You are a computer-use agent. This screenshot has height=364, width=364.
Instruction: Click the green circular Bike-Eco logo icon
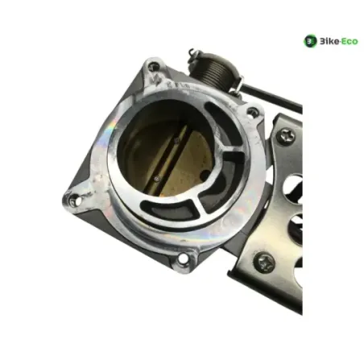[x=310, y=41]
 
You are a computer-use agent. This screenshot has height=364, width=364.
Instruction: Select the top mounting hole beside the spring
[x=154, y=66]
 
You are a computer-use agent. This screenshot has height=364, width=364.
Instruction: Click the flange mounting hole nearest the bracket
[x=252, y=112]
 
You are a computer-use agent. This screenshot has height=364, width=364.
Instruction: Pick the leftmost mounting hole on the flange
[x=74, y=200]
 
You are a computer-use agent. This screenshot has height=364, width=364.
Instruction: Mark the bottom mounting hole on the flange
[x=184, y=259]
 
